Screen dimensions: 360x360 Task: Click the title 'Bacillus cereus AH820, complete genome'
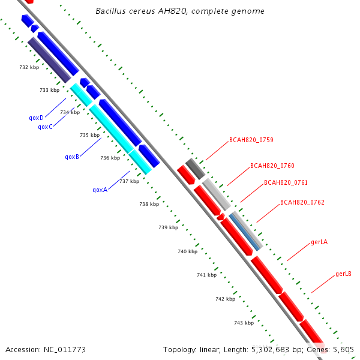180,11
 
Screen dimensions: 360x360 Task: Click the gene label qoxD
36,118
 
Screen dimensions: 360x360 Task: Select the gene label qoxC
45,127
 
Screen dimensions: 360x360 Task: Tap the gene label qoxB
72,157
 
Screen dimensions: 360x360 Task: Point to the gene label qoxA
100,190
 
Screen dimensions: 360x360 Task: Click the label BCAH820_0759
251,140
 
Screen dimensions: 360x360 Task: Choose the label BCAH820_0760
272,166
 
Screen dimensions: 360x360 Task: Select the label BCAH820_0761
286,182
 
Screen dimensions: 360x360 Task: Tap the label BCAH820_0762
302,202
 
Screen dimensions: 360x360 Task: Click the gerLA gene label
319,242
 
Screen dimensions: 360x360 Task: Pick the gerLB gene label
343,274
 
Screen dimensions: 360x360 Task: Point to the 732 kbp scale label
29,67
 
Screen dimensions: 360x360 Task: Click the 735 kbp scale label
89,135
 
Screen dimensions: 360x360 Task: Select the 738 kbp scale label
149,204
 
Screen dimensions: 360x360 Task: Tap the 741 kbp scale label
206,274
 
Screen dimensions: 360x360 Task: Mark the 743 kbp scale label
244,323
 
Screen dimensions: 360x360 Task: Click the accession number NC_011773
62,349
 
